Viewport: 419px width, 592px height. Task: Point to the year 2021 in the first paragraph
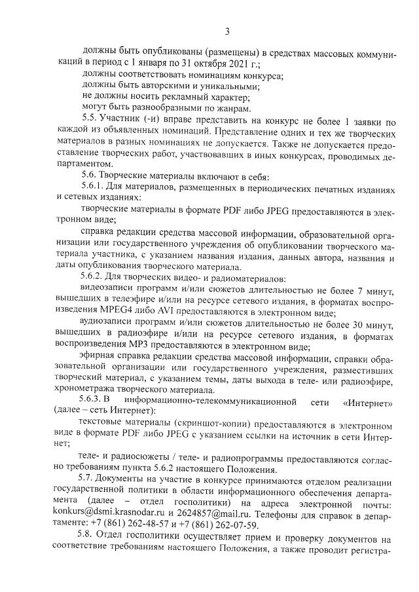237,64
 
